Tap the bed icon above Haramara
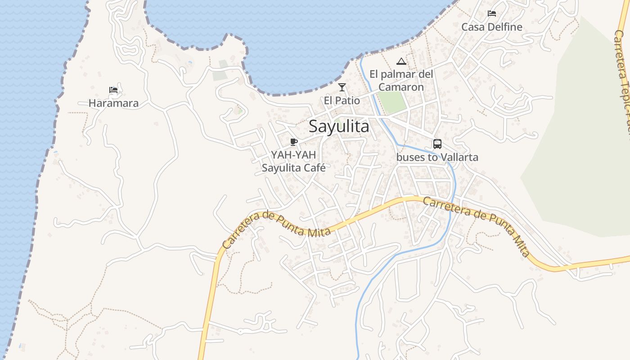[113, 90]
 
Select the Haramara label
[113, 103]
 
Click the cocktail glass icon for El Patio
[342, 87]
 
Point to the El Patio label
[342, 100]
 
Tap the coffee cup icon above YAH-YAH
[293, 142]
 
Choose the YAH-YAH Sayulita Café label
[293, 161]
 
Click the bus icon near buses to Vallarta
[437, 144]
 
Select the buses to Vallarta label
[437, 157]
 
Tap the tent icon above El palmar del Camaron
[401, 61]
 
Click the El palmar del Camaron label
[401, 80]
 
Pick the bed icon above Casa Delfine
[492, 13]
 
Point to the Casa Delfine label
[492, 27]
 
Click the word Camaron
[401, 87]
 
